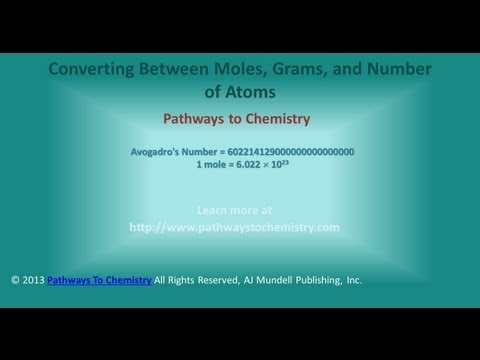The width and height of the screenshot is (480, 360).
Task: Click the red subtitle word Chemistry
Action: pos(274,119)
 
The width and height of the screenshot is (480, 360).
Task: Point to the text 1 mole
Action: pos(213,164)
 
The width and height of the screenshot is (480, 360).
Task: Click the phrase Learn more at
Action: pos(235,211)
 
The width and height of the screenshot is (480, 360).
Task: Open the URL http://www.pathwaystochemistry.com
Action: pos(235,227)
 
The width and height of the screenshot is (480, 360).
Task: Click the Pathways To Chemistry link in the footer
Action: pos(99,280)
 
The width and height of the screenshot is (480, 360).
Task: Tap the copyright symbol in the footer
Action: pos(15,280)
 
